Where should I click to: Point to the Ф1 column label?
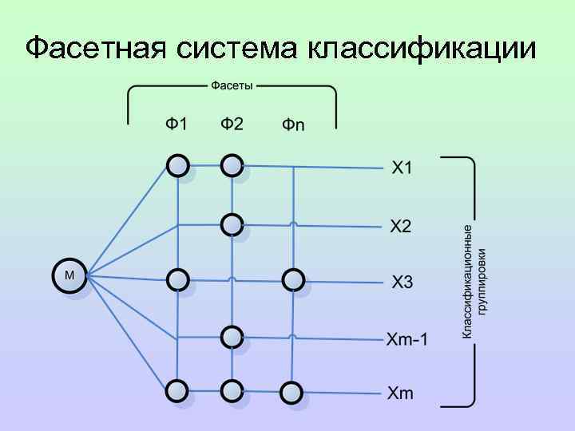pyautogui.click(x=177, y=125)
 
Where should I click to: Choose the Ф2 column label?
pyautogui.click(x=232, y=125)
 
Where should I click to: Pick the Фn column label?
pyautogui.click(x=293, y=125)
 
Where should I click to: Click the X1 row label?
pyautogui.click(x=402, y=168)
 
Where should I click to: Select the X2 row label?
pyautogui.click(x=402, y=227)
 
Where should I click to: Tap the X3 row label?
pyautogui.click(x=402, y=281)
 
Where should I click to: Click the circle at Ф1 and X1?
pyautogui.click(x=177, y=165)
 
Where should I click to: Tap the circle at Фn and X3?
pyautogui.click(x=293, y=279)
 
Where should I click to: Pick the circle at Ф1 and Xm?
pyautogui.click(x=177, y=390)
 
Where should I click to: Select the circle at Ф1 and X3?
pyautogui.click(x=177, y=279)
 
